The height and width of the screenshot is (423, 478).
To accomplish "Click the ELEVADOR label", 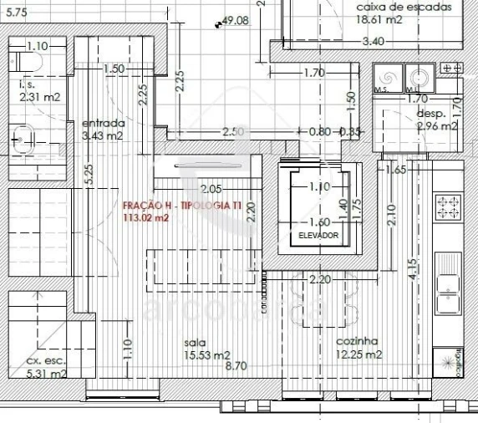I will click(318, 237).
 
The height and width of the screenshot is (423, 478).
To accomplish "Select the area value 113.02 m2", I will click(145, 218).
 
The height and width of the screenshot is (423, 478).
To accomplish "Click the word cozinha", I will click(357, 341).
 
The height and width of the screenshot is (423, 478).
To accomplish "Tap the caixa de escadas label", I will click(404, 7).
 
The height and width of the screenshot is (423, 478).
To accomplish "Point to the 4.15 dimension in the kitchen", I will click(412, 268).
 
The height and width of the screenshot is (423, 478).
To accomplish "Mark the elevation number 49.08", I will click(237, 22).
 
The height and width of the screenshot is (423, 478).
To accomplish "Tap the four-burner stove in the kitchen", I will click(449, 206).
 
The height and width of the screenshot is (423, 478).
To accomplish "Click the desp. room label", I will click(430, 113).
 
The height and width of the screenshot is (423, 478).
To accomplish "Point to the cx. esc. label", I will click(46, 360).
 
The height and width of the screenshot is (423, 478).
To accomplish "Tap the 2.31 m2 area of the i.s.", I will click(39, 97).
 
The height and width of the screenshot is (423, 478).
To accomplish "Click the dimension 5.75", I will click(17, 13).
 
